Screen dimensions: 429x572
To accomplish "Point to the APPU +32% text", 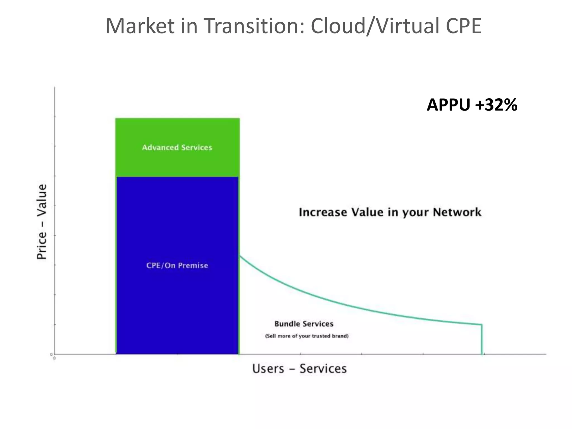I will (x=472, y=105).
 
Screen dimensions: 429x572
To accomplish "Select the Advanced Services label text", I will (x=177, y=147).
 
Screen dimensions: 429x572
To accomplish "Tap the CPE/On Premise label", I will (x=177, y=265).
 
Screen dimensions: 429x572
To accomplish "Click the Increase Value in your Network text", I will (x=390, y=212).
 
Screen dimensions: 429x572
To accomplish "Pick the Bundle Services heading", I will (x=304, y=324).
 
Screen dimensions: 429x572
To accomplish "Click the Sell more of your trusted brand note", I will (x=307, y=336).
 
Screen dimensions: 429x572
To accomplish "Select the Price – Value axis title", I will (x=42, y=222).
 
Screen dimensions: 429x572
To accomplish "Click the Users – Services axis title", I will (x=299, y=369).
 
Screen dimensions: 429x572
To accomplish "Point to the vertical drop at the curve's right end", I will (x=482, y=339).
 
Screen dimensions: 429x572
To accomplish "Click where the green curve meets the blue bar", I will (x=240, y=256).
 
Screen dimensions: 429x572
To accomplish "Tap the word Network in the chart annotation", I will (x=457, y=212).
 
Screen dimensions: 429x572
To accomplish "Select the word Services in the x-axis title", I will (x=323, y=369).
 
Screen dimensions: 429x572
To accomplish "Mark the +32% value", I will (x=496, y=105).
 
